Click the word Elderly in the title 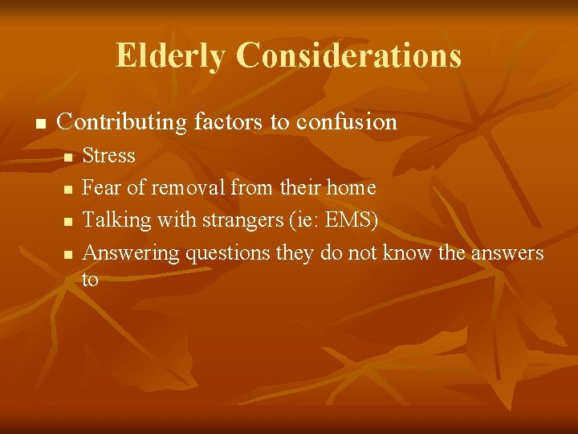pos(171,56)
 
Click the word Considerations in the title pos(349,56)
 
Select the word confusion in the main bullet pos(347,122)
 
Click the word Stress pos(109,155)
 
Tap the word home pos(350,188)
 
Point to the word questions pos(228,253)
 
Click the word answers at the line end pos(507,253)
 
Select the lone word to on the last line pos(90,280)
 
